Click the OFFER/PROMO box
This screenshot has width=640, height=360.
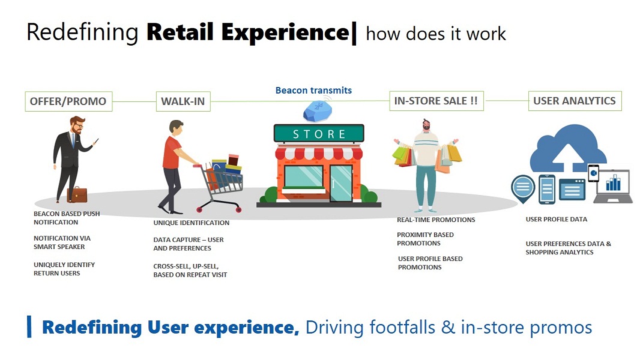[x=68, y=101]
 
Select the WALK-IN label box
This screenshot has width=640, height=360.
[x=183, y=101]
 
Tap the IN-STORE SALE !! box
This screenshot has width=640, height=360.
[x=436, y=101]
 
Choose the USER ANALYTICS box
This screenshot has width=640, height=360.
[x=575, y=101]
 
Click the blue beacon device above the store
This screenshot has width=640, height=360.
[x=318, y=110]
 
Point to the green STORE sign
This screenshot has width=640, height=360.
[x=319, y=134]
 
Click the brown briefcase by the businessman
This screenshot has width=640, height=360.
[x=77, y=194]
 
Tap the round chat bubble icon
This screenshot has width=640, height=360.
[x=523, y=188]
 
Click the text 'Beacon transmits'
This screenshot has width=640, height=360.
[x=313, y=90]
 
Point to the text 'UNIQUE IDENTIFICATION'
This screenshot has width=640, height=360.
[x=192, y=223]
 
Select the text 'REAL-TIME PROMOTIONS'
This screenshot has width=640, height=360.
[x=436, y=220]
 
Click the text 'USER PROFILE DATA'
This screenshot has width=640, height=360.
[x=557, y=220]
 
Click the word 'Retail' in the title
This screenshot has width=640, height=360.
[x=180, y=32]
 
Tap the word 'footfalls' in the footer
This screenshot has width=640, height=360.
[x=402, y=328]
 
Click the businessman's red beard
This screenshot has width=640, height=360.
[x=76, y=129]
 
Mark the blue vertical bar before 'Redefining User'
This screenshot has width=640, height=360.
[x=29, y=326]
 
